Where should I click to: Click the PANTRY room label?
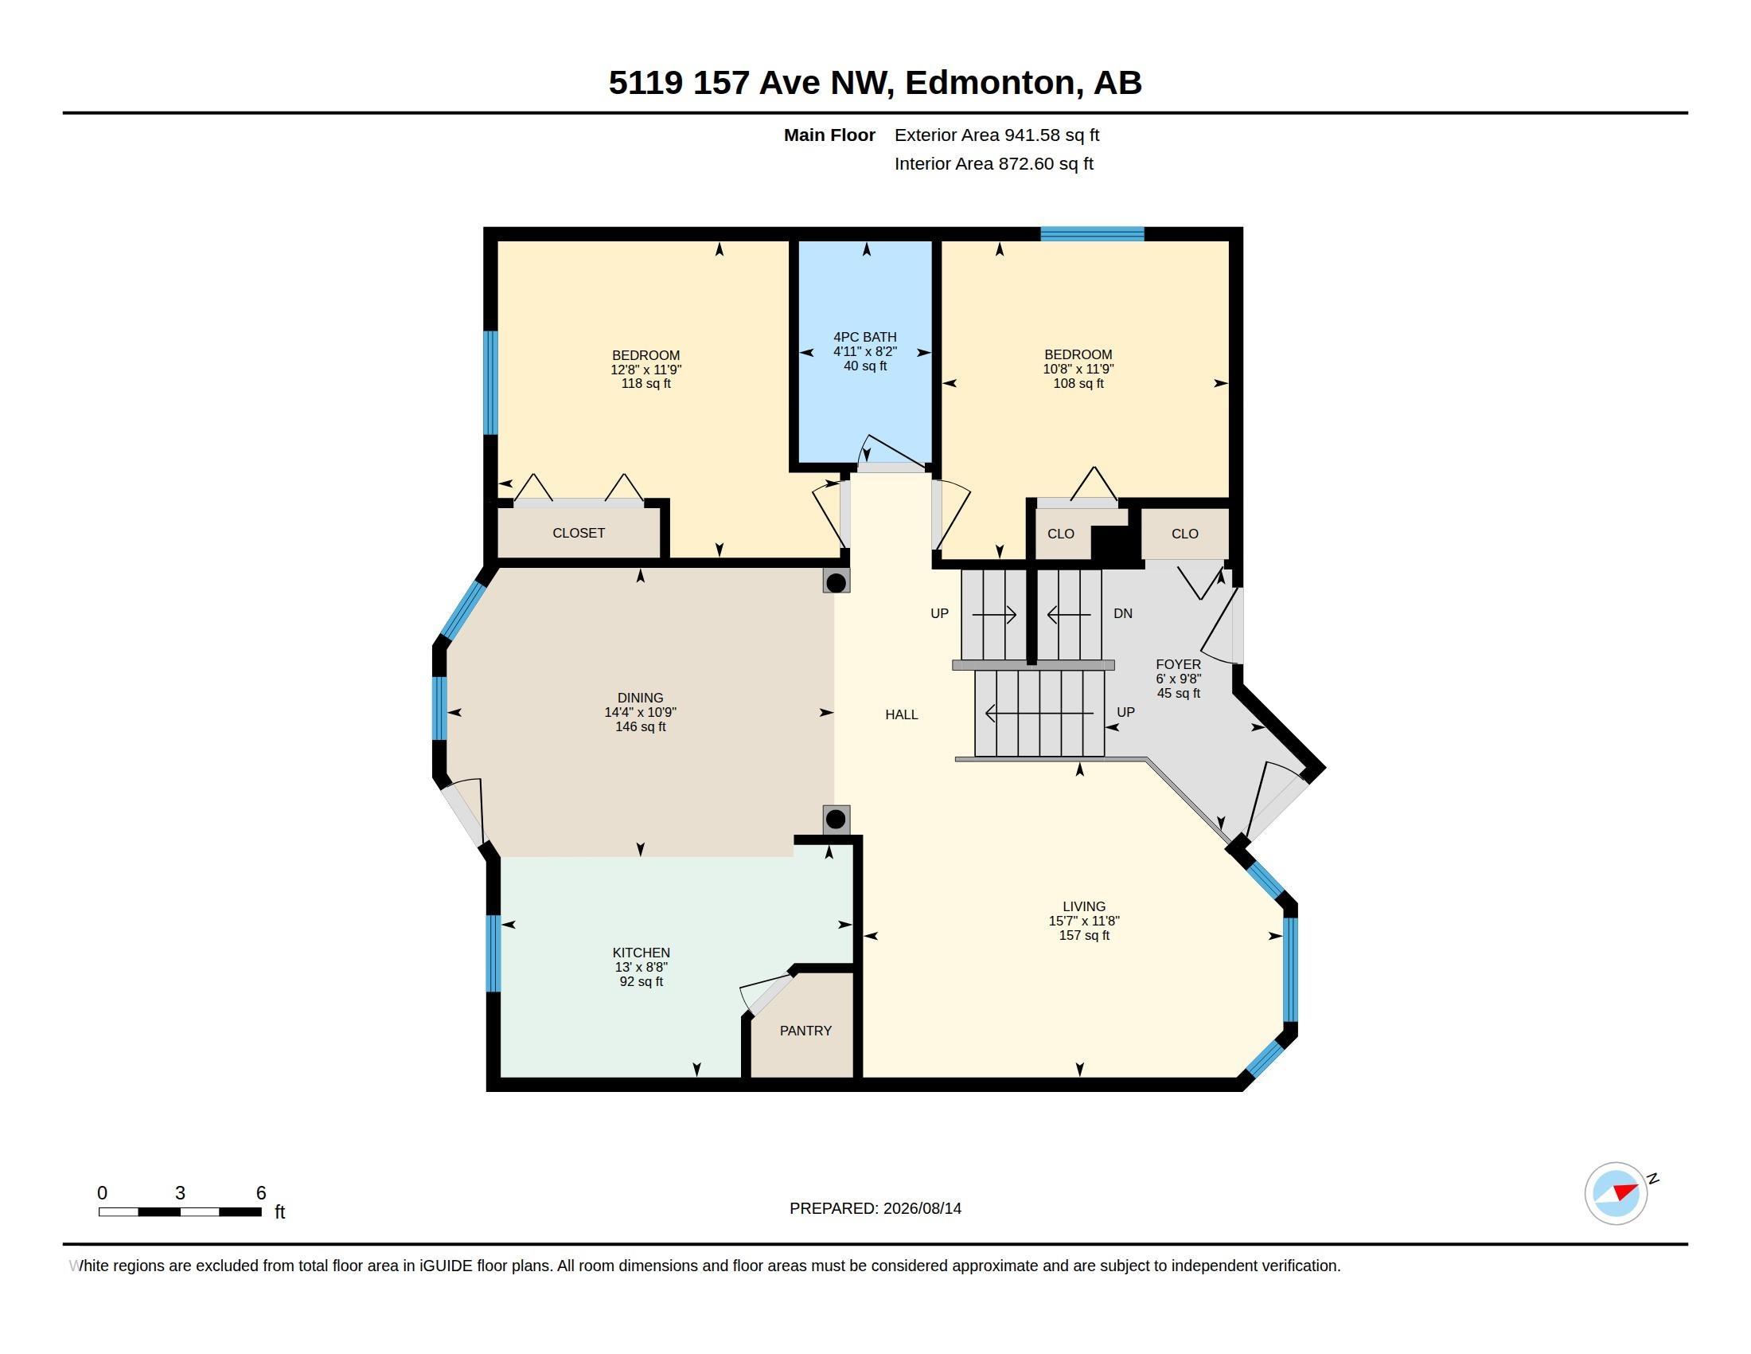pos(805,1031)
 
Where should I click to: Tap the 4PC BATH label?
pos(865,337)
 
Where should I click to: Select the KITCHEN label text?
pos(642,953)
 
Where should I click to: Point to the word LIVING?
pos(1084,906)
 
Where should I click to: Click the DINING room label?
pos(641,698)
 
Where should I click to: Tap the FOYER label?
pos(1179,664)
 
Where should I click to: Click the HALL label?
pos(902,714)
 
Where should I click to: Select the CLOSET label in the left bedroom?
pos(579,533)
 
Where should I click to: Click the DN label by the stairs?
pos(1123,613)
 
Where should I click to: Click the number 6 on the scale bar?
pos(260,1193)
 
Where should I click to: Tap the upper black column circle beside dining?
pos(837,582)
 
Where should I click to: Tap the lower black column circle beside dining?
pos(836,819)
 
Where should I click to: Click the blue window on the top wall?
pos(1092,233)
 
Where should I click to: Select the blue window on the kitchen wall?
pos(493,953)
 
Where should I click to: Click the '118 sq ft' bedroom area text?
pos(646,383)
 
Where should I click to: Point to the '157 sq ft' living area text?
pos(1084,935)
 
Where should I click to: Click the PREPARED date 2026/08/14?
pos(922,1208)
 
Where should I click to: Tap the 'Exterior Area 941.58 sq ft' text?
pos(996,135)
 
